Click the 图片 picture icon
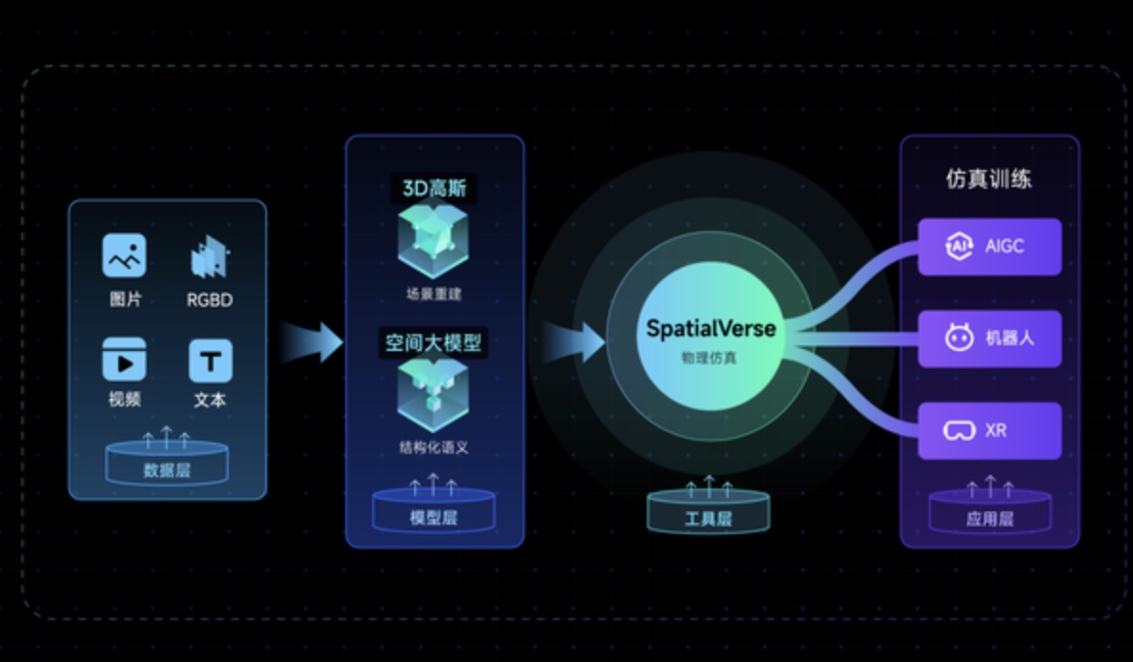(124, 256)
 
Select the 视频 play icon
(124, 361)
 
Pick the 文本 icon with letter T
(210, 361)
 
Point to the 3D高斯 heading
(434, 189)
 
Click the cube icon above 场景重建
(434, 243)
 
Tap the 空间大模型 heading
(434, 341)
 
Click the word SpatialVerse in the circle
(711, 330)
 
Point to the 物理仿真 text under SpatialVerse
(711, 358)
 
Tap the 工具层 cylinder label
(708, 519)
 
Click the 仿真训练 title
(988, 178)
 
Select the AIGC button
(989, 246)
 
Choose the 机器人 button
(989, 338)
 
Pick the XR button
(989, 430)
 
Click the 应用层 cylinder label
(989, 519)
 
